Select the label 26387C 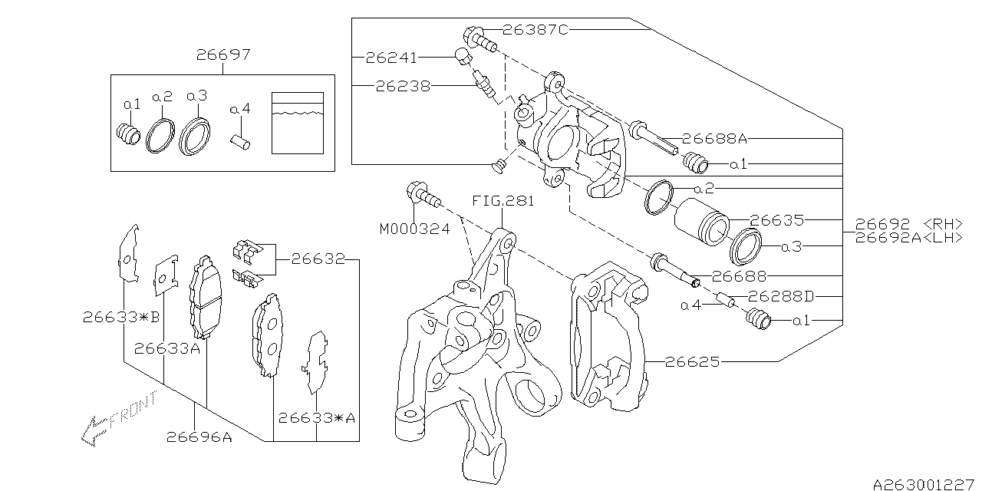535,30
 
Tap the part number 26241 390,57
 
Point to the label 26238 403,86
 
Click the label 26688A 714,139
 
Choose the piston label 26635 776,221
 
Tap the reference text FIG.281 502,203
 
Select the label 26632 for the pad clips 317,259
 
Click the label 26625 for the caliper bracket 693,361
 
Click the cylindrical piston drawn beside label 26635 700,221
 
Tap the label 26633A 166,348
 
